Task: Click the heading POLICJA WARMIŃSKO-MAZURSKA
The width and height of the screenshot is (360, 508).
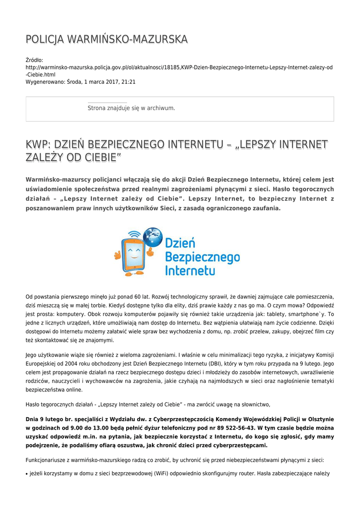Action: (x=106, y=39)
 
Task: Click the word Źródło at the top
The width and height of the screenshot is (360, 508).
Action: (x=34, y=60)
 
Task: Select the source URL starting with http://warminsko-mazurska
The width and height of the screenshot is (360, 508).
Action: (x=179, y=67)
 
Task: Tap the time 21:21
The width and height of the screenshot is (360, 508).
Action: (x=129, y=82)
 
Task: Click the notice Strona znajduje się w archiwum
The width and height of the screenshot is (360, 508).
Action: (x=131, y=108)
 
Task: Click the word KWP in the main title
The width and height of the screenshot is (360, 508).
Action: (x=37, y=144)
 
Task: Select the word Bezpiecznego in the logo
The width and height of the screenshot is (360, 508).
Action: (x=202, y=257)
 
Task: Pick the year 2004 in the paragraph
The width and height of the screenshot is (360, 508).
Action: (x=75, y=363)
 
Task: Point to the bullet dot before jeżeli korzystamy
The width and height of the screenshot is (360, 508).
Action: (x=27, y=474)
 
